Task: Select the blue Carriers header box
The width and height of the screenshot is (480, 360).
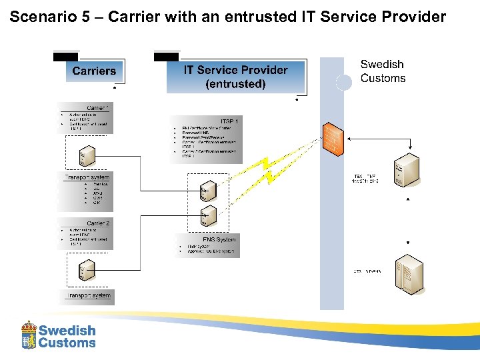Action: coord(93,71)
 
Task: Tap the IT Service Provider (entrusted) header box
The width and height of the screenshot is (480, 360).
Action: coord(235,77)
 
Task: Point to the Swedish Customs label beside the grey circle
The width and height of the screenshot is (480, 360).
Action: coord(383,71)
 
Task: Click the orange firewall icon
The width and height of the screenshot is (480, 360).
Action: coord(332,139)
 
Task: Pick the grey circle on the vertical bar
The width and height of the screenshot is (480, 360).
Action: coord(343,82)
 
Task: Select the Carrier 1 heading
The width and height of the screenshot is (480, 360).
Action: coord(97,107)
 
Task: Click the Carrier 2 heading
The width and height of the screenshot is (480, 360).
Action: coord(97,223)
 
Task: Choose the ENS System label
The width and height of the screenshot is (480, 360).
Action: coord(219,239)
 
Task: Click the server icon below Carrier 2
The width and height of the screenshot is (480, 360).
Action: coord(83,270)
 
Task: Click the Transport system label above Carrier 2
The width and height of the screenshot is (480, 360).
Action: coord(87,177)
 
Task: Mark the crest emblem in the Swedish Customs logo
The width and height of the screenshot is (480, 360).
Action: coord(29,335)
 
